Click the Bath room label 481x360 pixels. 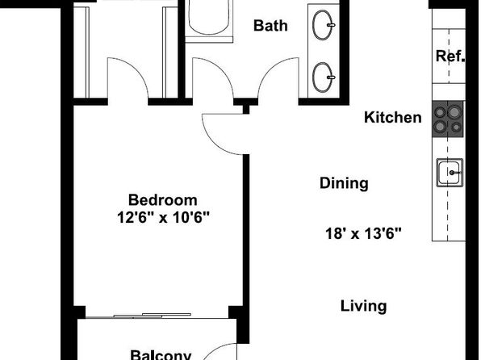[270, 26]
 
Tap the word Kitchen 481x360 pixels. [393, 118]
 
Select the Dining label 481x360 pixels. [344, 183]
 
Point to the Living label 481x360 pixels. [363, 306]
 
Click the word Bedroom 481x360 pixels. [162, 200]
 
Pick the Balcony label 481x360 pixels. [161, 355]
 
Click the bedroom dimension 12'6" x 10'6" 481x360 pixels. [163, 218]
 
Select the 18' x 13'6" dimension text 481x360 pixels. [363, 233]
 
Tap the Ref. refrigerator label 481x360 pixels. [450, 57]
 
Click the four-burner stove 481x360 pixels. [448, 119]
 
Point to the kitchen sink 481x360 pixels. [450, 173]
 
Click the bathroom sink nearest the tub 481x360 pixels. [324, 25]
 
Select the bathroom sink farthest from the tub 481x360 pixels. [324, 77]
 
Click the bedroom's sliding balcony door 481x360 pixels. [153, 316]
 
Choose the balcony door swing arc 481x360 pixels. [215, 349]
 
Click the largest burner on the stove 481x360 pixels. [454, 112]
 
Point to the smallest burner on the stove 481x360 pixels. [456, 127]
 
